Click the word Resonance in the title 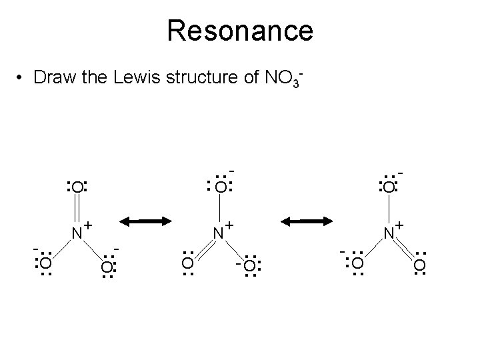point(240,31)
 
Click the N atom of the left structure point(77,233)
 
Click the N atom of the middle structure point(218,233)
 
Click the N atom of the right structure point(389,233)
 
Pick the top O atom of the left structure point(77,187)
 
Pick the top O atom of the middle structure point(219,187)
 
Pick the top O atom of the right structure point(387,187)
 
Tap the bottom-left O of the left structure point(45,266)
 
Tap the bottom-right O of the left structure point(107,267)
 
